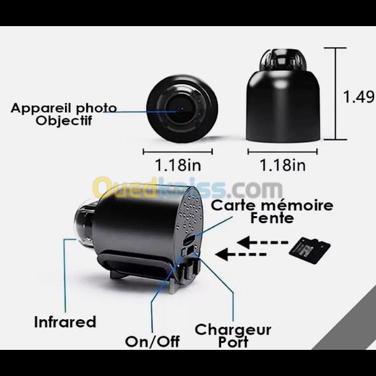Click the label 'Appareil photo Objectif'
click(64, 114)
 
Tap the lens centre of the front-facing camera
click(180, 110)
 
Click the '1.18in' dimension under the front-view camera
click(178, 165)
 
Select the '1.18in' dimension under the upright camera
click(283, 165)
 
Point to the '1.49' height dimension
click(359, 97)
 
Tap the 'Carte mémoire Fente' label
click(272, 212)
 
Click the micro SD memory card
click(310, 250)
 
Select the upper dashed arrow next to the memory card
click(263, 242)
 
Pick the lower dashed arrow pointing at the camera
click(240, 254)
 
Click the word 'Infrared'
click(65, 322)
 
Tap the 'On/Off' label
click(152, 342)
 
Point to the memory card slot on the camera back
click(189, 240)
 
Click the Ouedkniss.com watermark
click(187, 188)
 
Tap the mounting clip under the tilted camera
click(136, 266)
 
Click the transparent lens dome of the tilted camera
click(84, 225)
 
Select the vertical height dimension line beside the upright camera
click(335, 94)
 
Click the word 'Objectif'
click(64, 120)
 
